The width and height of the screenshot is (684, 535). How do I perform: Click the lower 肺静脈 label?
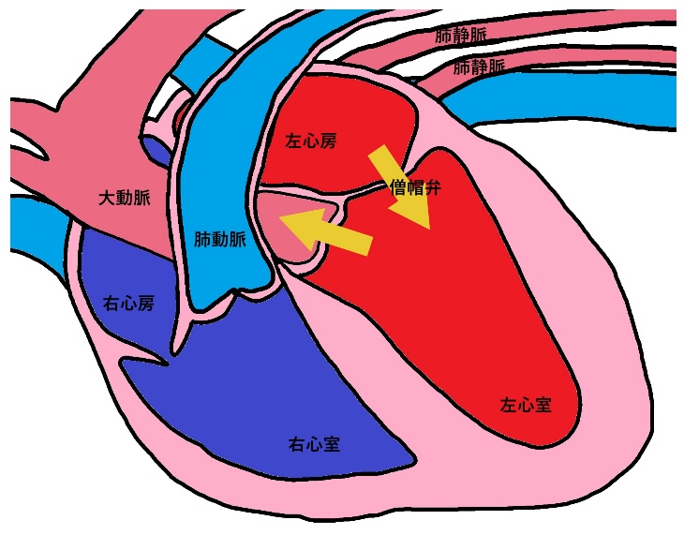(479, 67)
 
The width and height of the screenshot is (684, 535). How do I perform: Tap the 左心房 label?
(310, 141)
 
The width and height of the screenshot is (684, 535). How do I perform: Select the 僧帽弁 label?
(415, 187)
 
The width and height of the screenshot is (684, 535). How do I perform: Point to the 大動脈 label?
(125, 198)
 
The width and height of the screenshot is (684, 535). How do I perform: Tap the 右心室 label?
(314, 443)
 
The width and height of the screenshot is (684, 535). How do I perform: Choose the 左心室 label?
(525, 405)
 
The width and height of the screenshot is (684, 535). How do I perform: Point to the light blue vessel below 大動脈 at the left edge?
(37, 225)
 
